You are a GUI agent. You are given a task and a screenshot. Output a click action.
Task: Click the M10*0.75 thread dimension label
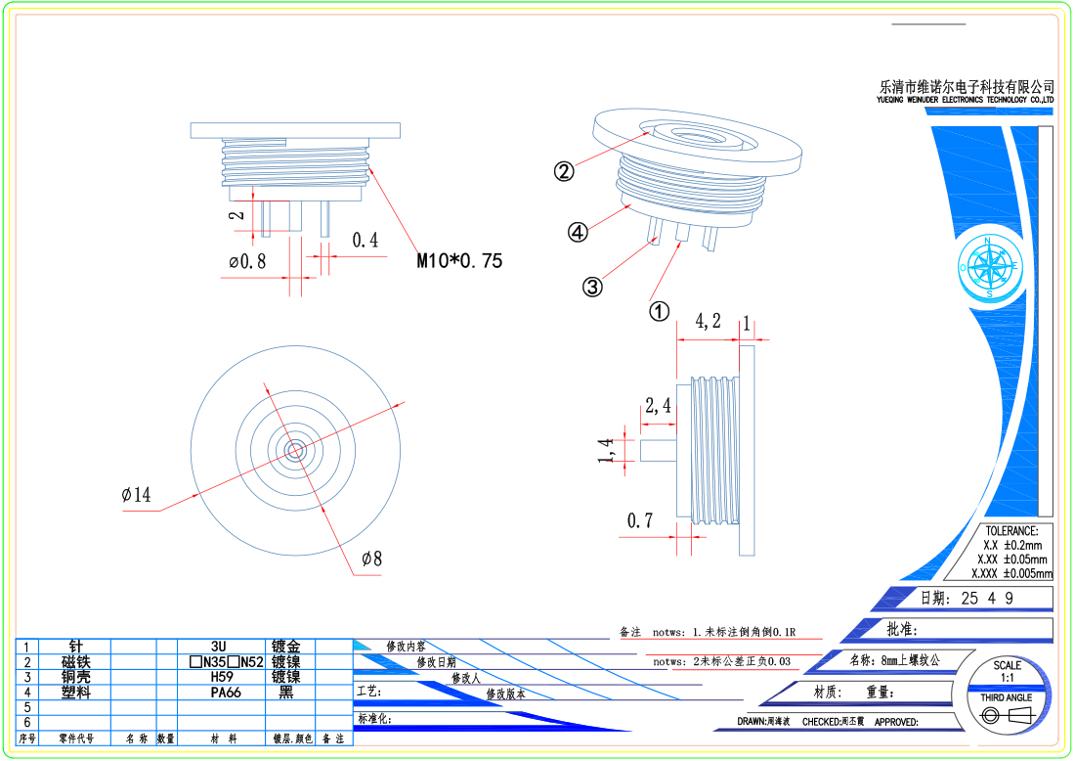pos(459,261)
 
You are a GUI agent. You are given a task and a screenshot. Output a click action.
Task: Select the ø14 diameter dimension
pos(136,495)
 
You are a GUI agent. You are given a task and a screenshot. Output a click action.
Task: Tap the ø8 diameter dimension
pos(371,559)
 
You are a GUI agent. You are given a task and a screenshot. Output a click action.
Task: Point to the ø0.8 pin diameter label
pos(247,261)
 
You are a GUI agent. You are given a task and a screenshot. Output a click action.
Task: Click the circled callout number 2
pos(564,171)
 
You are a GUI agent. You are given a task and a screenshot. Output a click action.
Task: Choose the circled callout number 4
pos(579,233)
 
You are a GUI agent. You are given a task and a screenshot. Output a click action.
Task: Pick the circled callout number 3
pos(592,288)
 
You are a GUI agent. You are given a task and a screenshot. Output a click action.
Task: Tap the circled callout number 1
pos(660,311)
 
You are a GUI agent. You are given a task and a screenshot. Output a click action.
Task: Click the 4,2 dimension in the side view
pos(709,321)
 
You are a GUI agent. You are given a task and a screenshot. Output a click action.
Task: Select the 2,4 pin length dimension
pos(658,405)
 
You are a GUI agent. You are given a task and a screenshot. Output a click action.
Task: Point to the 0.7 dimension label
pos(640,520)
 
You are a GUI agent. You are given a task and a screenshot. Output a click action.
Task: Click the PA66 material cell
pos(226,692)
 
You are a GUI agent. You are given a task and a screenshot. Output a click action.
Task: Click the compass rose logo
pos(990,266)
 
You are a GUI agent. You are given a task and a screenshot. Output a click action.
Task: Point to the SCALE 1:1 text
pos(1008,671)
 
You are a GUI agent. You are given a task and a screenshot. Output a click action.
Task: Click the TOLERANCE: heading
pos(1010,531)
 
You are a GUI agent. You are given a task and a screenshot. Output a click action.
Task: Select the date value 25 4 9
pos(987,599)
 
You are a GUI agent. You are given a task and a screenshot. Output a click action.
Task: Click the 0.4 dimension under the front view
pos(365,240)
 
